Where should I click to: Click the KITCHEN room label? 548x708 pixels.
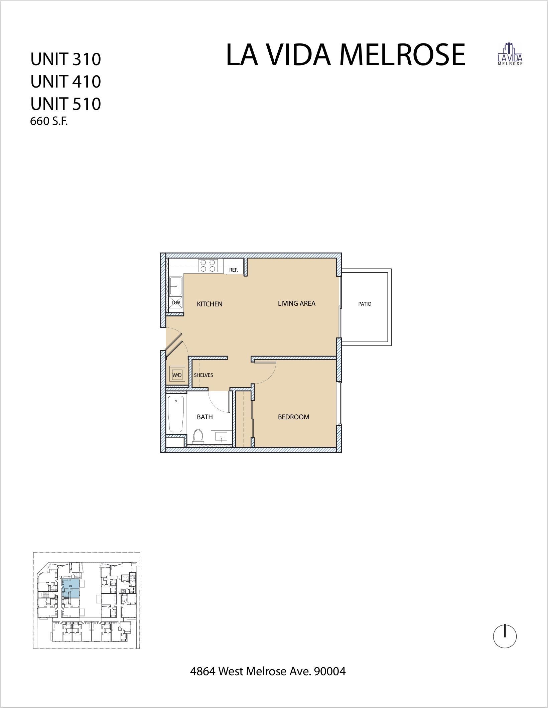click(x=210, y=304)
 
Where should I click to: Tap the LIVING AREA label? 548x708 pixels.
click(x=296, y=303)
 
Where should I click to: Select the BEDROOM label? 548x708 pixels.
click(x=293, y=417)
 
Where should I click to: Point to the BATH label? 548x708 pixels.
click(x=204, y=417)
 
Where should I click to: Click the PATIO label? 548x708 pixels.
click(x=365, y=304)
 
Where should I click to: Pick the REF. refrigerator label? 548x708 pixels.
click(x=233, y=270)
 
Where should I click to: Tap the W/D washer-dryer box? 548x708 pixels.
click(x=177, y=375)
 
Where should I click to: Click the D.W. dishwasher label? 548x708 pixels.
click(x=176, y=302)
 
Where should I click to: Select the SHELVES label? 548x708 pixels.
click(x=203, y=375)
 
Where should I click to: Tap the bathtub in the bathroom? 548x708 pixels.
click(x=176, y=414)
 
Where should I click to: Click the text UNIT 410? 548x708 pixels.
click(x=65, y=82)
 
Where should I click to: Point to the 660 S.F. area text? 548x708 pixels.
click(x=49, y=121)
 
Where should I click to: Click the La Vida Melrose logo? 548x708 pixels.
click(x=510, y=54)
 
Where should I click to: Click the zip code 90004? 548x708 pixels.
click(x=329, y=671)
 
